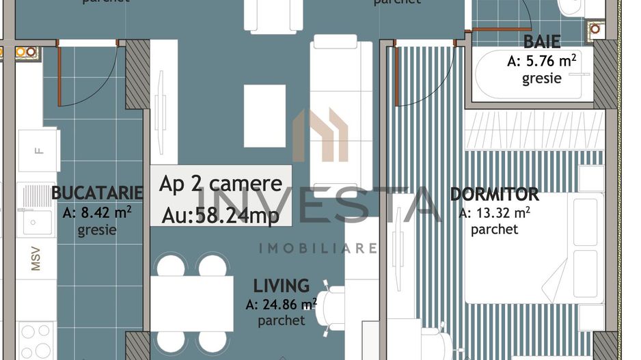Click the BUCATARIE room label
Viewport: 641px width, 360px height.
(x=97, y=193)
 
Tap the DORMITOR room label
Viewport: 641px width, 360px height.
(x=494, y=195)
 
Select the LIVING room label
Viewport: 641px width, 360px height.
(x=281, y=286)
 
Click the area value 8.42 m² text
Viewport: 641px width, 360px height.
(x=97, y=212)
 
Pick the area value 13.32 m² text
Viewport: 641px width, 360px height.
(x=495, y=212)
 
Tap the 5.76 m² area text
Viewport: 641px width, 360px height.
(x=542, y=61)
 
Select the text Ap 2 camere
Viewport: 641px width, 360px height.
(x=221, y=184)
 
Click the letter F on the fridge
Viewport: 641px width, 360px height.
(x=39, y=150)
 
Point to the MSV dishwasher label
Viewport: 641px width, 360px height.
(x=36, y=259)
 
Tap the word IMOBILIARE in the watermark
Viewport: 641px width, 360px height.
(x=318, y=247)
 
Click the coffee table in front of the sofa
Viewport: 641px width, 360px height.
(x=264, y=115)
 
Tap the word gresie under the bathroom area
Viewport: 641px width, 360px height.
(x=542, y=79)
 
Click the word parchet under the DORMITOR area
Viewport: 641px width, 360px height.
(x=494, y=230)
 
